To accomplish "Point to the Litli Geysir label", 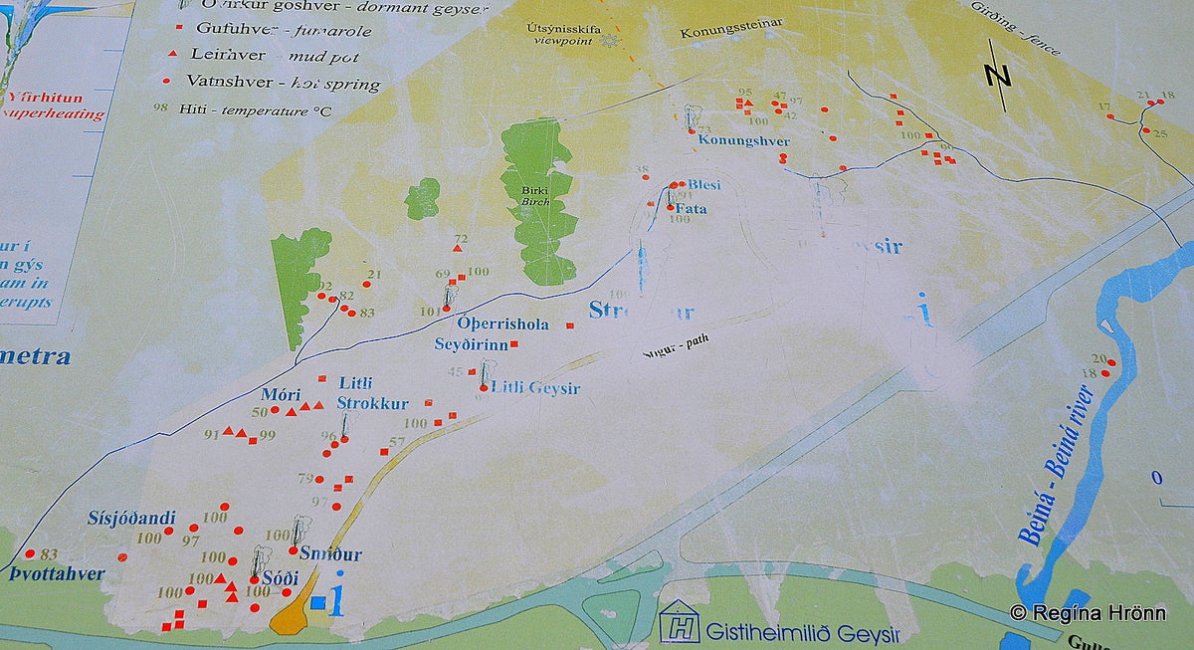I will (x=535, y=388).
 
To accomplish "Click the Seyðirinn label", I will (x=472, y=344).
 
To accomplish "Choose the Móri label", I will (x=281, y=395).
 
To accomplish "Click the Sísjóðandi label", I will (x=131, y=518).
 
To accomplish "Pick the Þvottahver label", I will (x=58, y=574).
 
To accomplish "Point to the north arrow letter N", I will (x=997, y=74).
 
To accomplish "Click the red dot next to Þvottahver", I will (x=30, y=553).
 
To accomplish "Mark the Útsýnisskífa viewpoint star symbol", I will (x=609, y=41).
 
